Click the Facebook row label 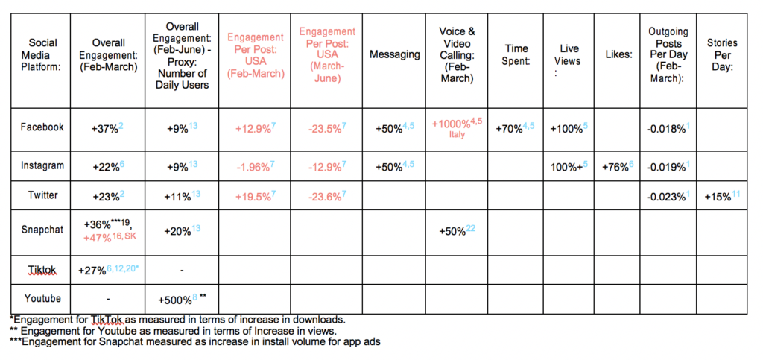click(42, 127)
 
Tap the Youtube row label click(42, 298)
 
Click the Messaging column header click(395, 54)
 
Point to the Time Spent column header click(516, 55)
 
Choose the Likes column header click(618, 55)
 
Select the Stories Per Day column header click(722, 55)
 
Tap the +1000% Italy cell click(457, 128)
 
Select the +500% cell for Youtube click(182, 299)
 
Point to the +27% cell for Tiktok click(109, 270)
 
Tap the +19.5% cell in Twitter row click(255, 196)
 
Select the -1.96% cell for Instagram click(255, 167)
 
